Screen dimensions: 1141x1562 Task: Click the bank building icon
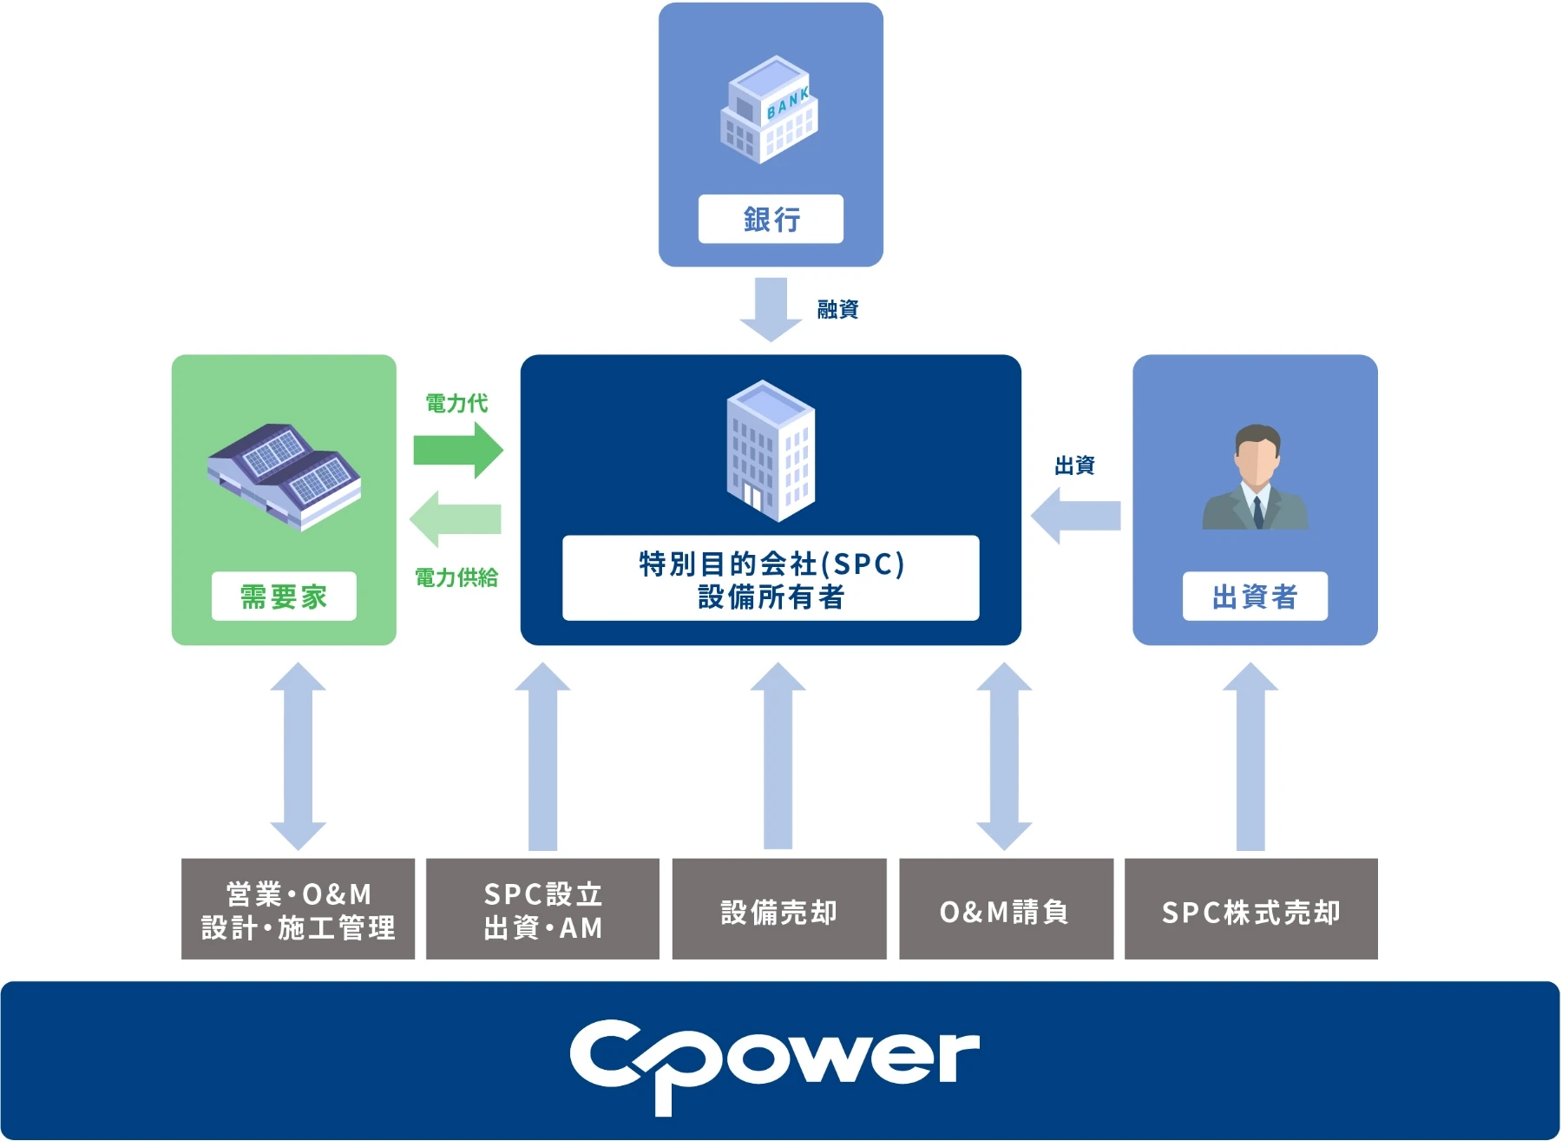[x=769, y=109]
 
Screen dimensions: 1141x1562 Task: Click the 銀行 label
[x=771, y=219]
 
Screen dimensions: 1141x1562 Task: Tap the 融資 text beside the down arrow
[x=837, y=309]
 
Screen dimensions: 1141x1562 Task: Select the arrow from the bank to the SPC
[x=771, y=309]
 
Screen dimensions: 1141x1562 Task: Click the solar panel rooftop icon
[x=284, y=475]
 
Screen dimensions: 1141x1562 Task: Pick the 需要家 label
[x=284, y=597]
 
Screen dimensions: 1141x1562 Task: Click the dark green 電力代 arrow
[x=458, y=450]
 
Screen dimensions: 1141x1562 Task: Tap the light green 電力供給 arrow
[x=456, y=518]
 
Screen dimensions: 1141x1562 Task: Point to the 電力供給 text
[x=456, y=577]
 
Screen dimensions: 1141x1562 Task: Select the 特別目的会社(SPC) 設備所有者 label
[x=771, y=579]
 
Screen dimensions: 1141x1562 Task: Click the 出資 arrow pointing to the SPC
[x=1075, y=516]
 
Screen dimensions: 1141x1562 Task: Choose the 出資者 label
[x=1255, y=597]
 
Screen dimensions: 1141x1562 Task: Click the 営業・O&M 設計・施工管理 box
[x=298, y=909]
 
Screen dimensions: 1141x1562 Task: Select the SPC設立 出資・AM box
[x=542, y=909]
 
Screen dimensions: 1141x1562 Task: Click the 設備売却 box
[x=779, y=909]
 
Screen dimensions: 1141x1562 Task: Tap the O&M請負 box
[x=1006, y=909]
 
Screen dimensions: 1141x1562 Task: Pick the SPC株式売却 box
[x=1250, y=909]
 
